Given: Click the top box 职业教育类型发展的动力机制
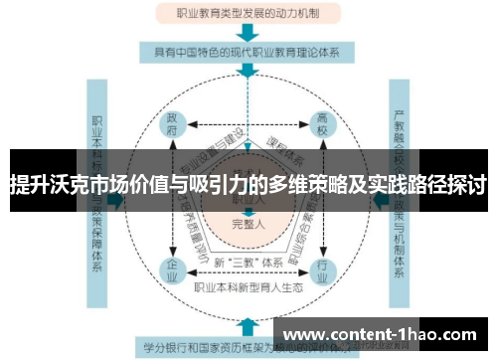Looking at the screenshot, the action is pyautogui.click(x=248, y=14).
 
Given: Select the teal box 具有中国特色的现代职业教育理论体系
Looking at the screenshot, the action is pyautogui.click(x=248, y=51).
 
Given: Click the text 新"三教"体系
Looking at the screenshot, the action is pyautogui.click(x=248, y=262).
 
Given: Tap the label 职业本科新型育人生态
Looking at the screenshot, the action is pyautogui.click(x=248, y=288).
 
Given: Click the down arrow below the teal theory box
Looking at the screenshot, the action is pyautogui.click(x=248, y=72).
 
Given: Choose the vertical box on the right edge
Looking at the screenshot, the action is pyautogui.click(x=402, y=199).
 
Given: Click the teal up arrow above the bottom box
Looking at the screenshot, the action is pyautogui.click(x=248, y=324).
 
